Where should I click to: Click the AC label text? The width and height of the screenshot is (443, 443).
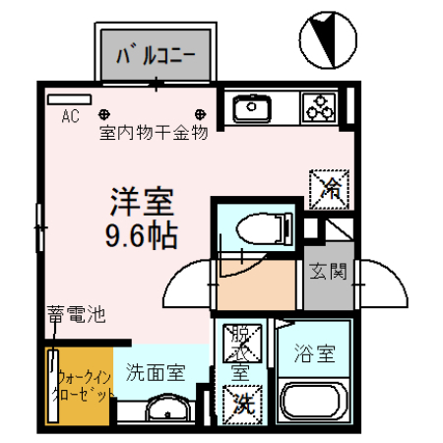[x=70, y=116]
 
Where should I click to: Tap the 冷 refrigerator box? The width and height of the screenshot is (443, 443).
[x=328, y=185]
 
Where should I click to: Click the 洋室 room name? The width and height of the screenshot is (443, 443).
[x=140, y=203]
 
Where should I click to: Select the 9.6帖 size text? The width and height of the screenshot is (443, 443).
[x=140, y=236]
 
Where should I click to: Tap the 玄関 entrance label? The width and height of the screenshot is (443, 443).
[x=328, y=271]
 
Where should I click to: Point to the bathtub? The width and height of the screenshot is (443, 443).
[x=313, y=403]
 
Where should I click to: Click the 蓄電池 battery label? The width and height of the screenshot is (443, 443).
[x=75, y=316]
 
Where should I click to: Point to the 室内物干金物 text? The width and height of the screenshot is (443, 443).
[x=153, y=133]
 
